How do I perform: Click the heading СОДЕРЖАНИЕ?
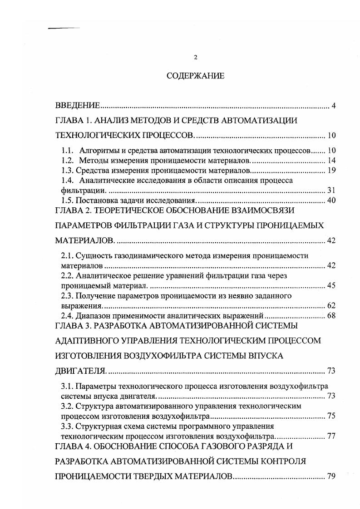(x=195, y=76)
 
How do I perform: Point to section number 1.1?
(x=67, y=150)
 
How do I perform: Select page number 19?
(x=330, y=170)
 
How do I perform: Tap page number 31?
(x=330, y=190)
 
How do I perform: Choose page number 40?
(x=330, y=200)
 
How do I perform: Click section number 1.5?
(x=67, y=200)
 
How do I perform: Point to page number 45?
(x=330, y=285)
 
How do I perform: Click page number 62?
(x=330, y=305)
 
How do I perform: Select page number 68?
(x=330, y=315)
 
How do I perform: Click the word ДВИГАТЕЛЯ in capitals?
(x=80, y=371)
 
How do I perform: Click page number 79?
(x=330, y=476)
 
